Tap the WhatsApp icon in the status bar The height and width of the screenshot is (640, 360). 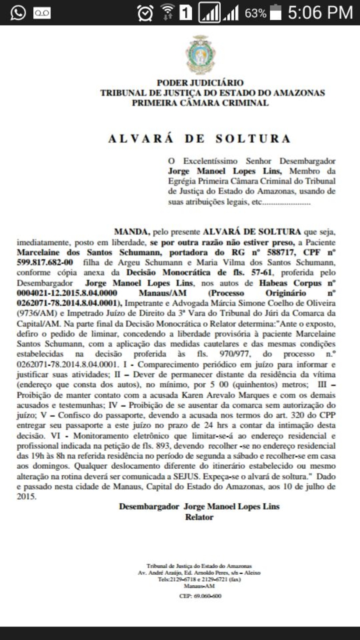18,12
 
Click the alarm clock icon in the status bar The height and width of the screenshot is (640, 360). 145,13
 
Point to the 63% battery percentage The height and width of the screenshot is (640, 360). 255,13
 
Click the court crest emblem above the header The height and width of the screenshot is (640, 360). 200,55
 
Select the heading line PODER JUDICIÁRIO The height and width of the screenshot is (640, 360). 200,83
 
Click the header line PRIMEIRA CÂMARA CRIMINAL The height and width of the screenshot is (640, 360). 200,103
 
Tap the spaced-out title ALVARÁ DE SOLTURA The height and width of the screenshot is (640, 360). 200,139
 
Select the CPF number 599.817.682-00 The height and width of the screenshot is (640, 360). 45,262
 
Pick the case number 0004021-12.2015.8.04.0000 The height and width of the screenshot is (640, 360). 67,293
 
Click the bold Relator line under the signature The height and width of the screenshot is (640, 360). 199,517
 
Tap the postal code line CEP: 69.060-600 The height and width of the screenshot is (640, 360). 200,596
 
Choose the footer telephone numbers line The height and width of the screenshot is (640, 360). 199,579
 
